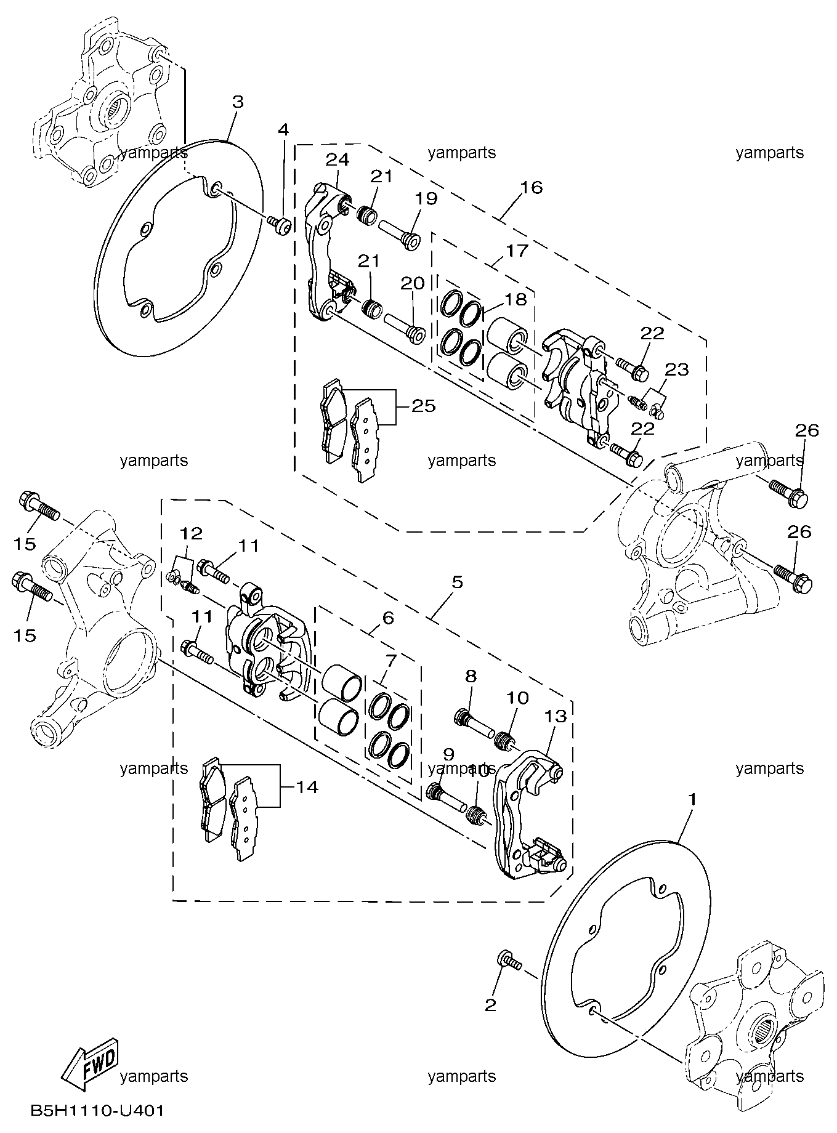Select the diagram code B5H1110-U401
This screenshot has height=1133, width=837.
pyautogui.click(x=97, y=1112)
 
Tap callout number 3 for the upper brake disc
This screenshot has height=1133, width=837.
pyautogui.click(x=238, y=102)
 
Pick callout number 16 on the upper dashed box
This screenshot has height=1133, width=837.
pyautogui.click(x=532, y=187)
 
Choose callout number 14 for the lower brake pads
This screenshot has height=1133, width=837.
pyautogui.click(x=306, y=787)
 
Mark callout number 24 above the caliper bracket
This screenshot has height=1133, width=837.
pyautogui.click(x=338, y=160)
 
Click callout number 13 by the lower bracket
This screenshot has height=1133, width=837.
pyautogui.click(x=556, y=716)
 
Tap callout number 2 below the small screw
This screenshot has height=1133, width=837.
pyautogui.click(x=490, y=1006)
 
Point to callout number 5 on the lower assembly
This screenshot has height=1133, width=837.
pyautogui.click(x=456, y=582)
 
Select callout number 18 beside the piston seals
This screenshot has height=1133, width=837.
pyautogui.click(x=516, y=299)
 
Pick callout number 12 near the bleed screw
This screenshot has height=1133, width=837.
pyautogui.click(x=192, y=533)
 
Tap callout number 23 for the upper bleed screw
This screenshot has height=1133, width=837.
pyautogui.click(x=676, y=370)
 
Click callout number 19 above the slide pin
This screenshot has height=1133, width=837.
pyautogui.click(x=426, y=199)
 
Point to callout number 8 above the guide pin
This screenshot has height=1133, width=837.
pyautogui.click(x=471, y=676)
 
